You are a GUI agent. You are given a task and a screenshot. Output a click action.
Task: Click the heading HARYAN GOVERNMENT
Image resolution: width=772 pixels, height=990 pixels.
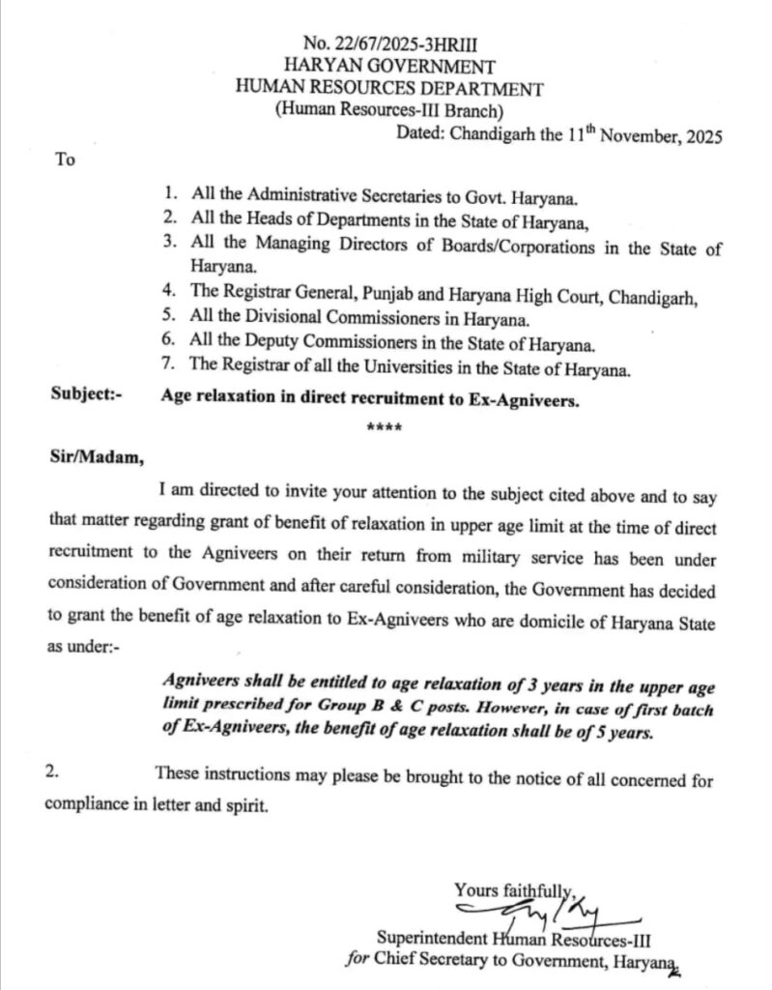389,67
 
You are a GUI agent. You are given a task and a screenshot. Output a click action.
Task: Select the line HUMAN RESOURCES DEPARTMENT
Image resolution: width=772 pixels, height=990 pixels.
389,89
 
